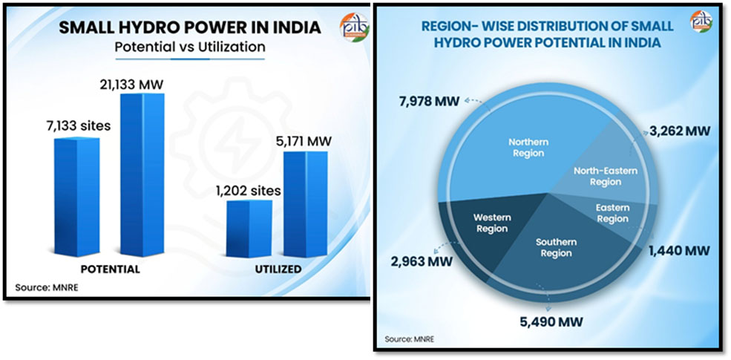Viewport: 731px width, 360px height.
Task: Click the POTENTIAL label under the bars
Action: (110, 268)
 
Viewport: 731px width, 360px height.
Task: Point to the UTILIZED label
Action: (275, 268)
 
